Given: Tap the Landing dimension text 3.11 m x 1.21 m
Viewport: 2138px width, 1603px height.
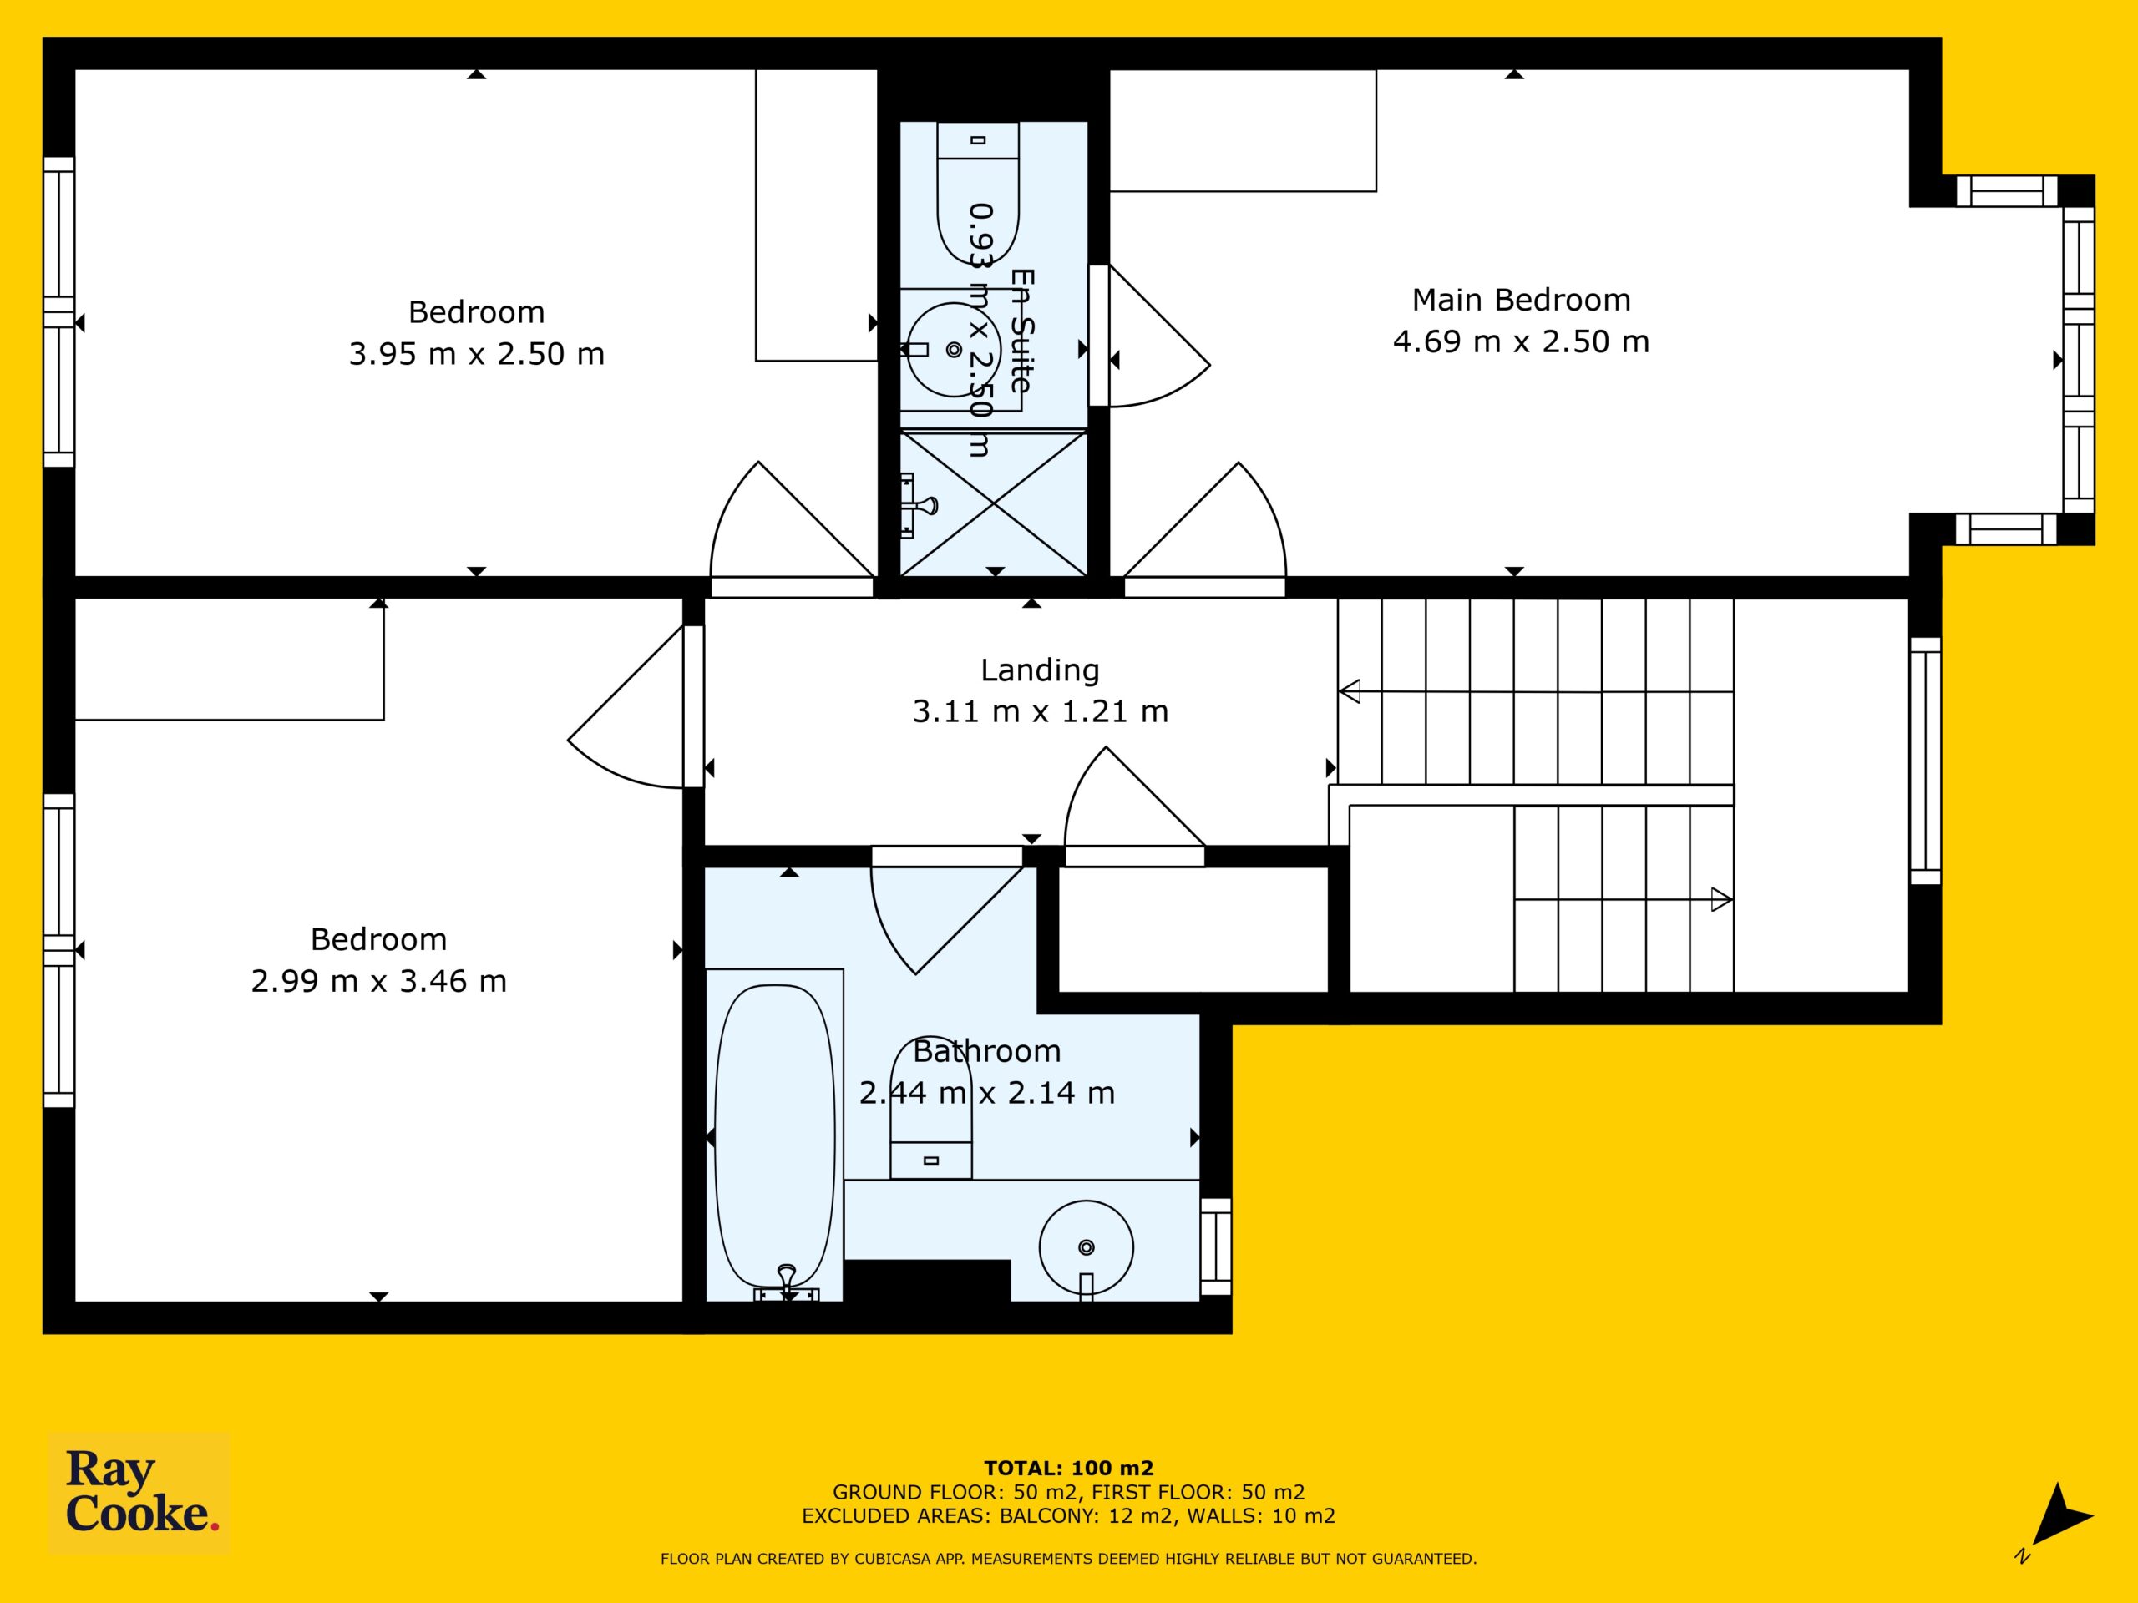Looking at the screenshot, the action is (1040, 712).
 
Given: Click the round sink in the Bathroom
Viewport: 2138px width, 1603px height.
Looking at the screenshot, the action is (1087, 1247).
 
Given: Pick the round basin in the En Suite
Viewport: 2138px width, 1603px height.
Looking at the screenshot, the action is (953, 349).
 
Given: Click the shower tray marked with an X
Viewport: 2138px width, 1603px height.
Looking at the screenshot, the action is (994, 503).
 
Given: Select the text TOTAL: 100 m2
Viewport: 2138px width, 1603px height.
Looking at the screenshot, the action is (1068, 1469).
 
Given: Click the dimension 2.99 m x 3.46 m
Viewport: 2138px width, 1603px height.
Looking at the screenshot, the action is (379, 982).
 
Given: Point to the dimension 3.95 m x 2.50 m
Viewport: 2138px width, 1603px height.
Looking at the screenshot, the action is (477, 355).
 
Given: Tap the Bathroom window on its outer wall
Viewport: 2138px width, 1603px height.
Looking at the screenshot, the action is (1216, 1246).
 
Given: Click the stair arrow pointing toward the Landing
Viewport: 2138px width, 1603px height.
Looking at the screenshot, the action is (1536, 692).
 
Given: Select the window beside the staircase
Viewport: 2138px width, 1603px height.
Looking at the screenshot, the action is (1925, 761).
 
